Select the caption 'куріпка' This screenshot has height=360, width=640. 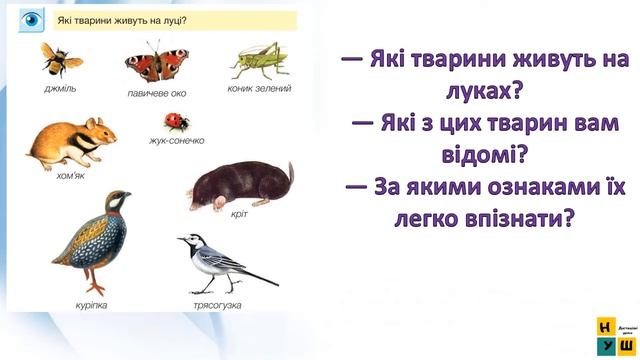point(90,302)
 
